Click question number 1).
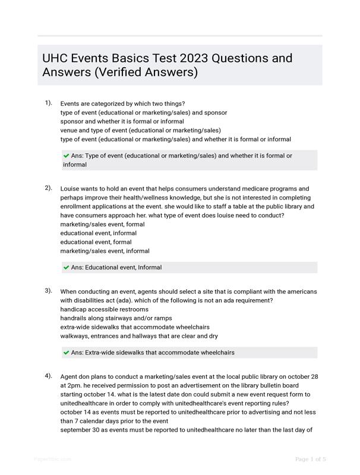48,103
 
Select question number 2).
48,188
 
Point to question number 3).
48,291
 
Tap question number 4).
48,376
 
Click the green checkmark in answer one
66,156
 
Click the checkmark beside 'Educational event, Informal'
66,267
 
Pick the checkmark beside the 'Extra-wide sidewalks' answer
66,352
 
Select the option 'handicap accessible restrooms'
105,309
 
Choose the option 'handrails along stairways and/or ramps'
116,318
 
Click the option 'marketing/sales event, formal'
102,224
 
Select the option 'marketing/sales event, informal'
105,251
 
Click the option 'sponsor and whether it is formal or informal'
122,121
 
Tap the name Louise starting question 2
71,189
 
